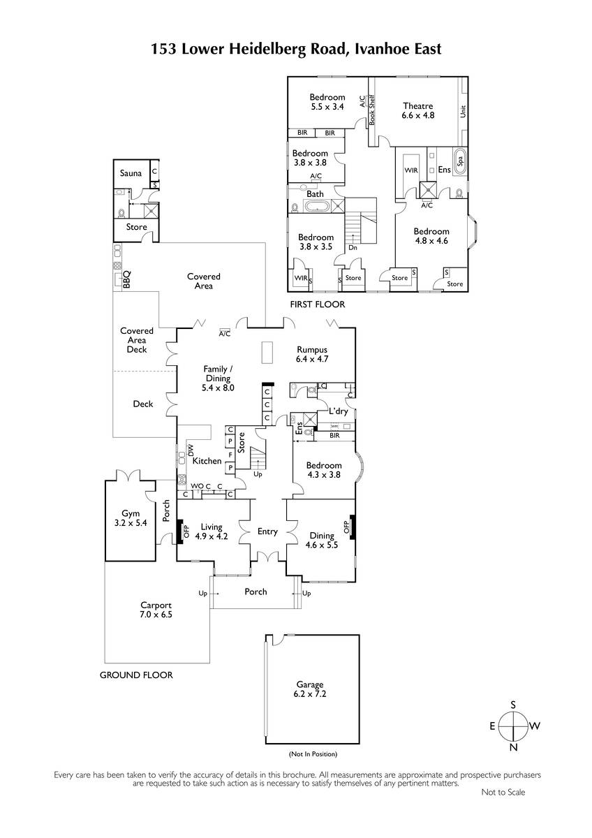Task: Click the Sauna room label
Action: point(131,173)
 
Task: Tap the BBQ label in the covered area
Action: point(127,279)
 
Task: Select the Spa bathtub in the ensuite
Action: point(459,161)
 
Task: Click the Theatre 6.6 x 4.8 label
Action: point(417,111)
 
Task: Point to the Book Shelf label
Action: point(371,109)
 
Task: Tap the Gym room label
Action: point(131,518)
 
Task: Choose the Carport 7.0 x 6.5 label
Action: point(156,610)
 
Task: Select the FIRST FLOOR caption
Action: point(318,304)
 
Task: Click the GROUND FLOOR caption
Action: point(136,675)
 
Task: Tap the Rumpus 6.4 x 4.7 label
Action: point(312,354)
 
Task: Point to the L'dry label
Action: point(339,411)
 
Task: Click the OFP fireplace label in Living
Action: point(186,531)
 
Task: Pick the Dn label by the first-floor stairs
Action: point(353,248)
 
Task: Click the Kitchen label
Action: point(207,461)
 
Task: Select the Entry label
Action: point(267,531)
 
